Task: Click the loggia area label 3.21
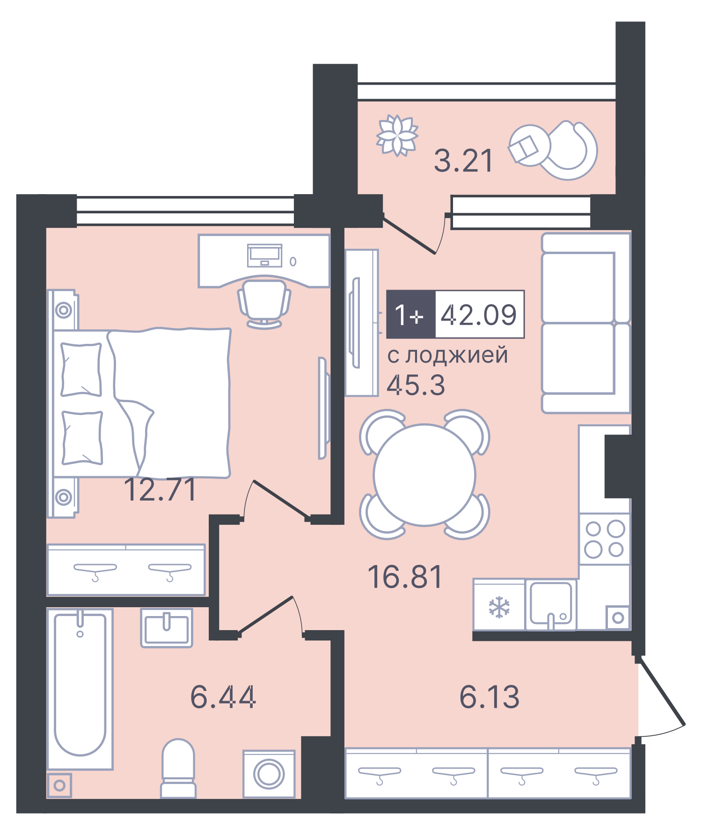463,161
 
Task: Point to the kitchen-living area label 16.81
405,577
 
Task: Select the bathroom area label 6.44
223,697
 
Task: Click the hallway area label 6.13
489,697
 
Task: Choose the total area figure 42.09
479,314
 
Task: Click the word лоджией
456,356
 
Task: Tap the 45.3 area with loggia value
416,385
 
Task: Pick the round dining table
424,475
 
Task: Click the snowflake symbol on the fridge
499,607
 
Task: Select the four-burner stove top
605,539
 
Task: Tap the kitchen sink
551,604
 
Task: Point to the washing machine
269,774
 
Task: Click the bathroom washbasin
167,628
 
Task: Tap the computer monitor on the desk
264,255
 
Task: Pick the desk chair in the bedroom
264,302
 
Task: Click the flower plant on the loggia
397,135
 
